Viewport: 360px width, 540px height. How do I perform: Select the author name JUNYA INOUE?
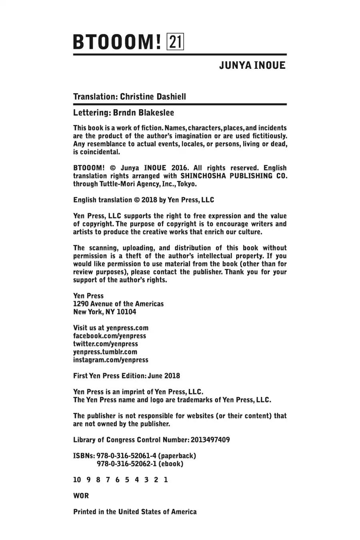(252, 66)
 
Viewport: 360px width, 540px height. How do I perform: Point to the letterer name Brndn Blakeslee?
(143, 113)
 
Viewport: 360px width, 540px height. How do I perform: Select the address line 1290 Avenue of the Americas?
(118, 304)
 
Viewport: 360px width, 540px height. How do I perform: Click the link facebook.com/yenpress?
(110, 336)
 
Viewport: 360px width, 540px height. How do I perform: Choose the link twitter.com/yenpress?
(106, 344)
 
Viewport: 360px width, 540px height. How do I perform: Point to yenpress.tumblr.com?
(105, 352)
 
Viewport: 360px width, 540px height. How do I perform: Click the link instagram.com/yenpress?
(111, 360)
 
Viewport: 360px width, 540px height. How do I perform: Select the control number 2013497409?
(210, 440)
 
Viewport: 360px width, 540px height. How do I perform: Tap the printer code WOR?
(81, 496)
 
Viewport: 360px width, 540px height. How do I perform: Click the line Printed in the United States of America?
(135, 512)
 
